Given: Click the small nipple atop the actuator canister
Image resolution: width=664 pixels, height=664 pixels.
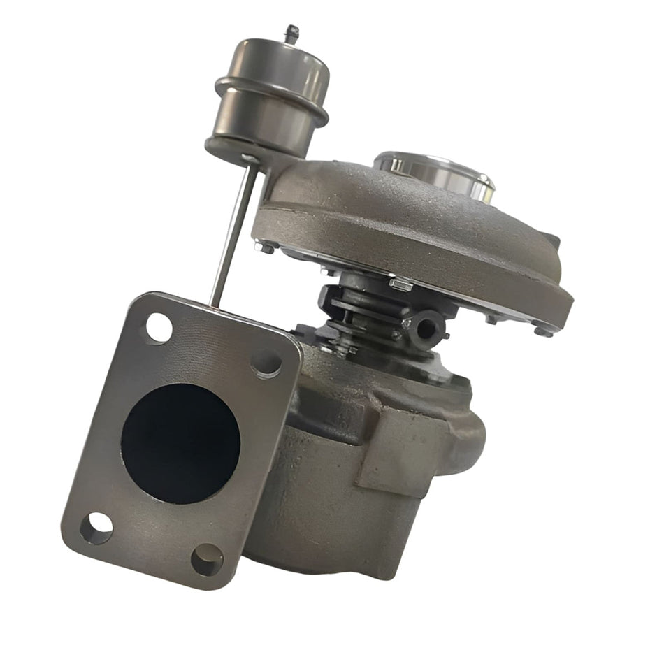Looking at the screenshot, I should coord(291,33).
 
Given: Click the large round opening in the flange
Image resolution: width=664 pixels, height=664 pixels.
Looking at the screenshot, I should coord(181,442).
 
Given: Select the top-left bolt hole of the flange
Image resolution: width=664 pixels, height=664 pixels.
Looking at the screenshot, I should coord(159,328).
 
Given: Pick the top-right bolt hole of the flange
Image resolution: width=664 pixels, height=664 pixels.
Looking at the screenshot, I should coord(266,363).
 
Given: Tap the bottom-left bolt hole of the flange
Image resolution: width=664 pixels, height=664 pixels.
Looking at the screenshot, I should coord(96,528).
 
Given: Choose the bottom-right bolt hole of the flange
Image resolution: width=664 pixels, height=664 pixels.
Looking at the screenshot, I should coord(207,558).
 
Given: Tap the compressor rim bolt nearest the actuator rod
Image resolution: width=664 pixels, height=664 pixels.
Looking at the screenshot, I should coord(264,246).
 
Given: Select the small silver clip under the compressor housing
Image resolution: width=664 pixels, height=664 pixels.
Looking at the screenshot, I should coord(400,284).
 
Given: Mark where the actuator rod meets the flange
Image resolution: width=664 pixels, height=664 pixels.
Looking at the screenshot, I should coord(214,303).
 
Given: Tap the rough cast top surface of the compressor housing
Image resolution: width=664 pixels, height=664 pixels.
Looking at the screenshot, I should coord(391,210).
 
